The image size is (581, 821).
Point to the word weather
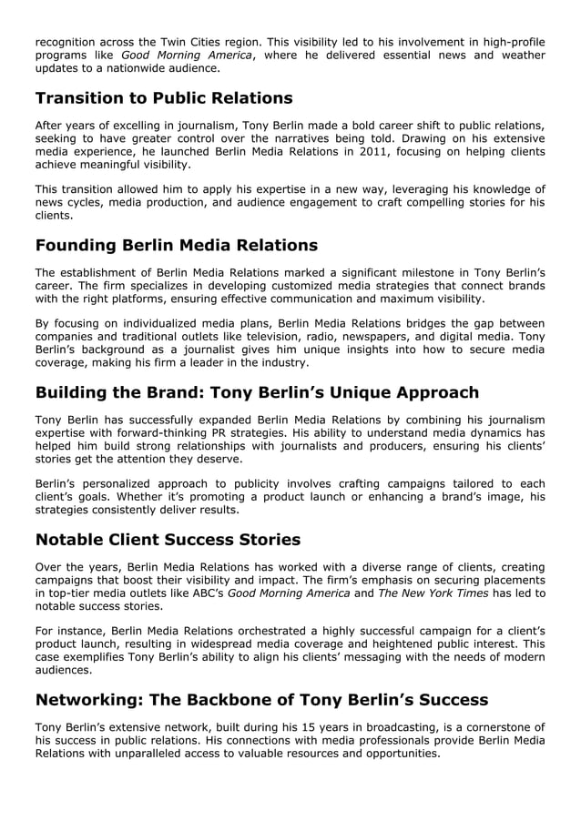pyautogui.click(x=519, y=56)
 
